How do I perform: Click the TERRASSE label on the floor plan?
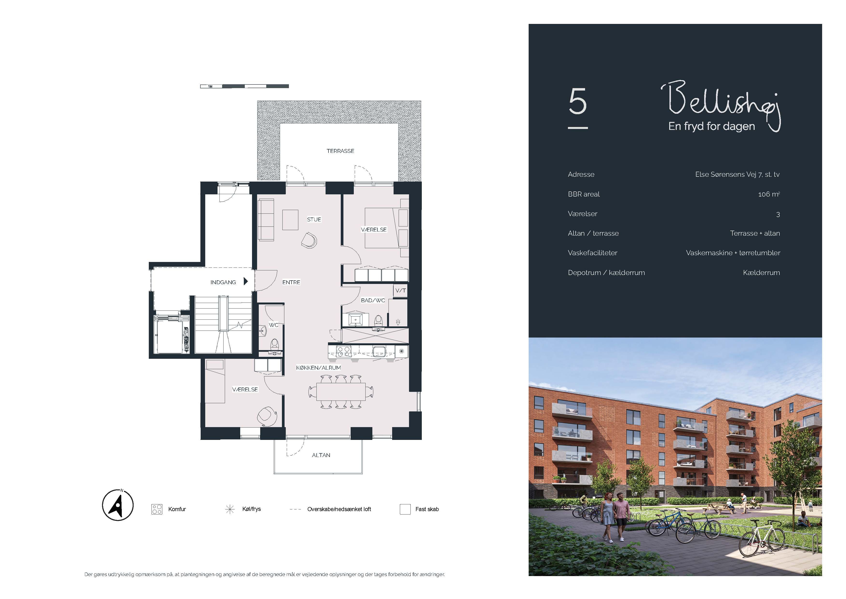point(340,151)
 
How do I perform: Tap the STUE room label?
point(314,219)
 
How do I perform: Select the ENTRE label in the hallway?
point(291,282)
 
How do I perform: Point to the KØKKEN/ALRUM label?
point(318,368)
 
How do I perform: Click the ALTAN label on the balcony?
point(321,455)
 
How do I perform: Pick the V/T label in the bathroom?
point(401,291)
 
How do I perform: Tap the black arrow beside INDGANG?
point(246,282)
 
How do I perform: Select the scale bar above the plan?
point(244,86)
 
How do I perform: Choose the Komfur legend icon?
point(157,509)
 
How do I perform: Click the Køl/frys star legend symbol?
point(230,509)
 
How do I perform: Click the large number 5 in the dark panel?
point(577,101)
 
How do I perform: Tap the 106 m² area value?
point(769,194)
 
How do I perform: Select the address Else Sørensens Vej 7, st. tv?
point(737,175)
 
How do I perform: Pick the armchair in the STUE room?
point(309,240)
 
